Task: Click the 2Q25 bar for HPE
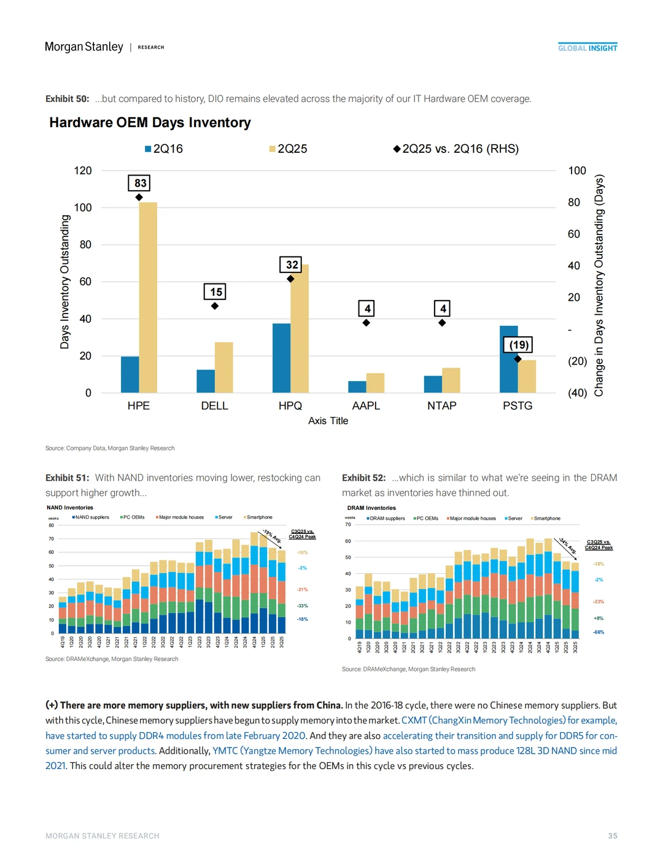click(148, 298)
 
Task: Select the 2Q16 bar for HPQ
click(281, 358)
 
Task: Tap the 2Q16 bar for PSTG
click(509, 359)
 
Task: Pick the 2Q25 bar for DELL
click(224, 368)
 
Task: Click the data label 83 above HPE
click(140, 183)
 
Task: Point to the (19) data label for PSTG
click(519, 345)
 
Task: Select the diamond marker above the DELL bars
click(215, 306)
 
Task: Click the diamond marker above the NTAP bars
click(442, 323)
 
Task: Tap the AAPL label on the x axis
click(366, 406)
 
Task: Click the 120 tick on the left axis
click(83, 171)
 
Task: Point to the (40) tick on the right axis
click(577, 393)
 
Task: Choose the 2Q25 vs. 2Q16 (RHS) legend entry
click(457, 149)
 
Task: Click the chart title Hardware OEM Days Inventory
click(150, 123)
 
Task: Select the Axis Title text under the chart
click(328, 421)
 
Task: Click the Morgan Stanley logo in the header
click(84, 47)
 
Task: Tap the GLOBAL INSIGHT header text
click(587, 48)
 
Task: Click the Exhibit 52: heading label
click(364, 477)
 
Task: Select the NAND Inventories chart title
click(70, 508)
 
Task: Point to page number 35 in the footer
click(613, 836)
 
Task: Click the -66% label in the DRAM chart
click(599, 632)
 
